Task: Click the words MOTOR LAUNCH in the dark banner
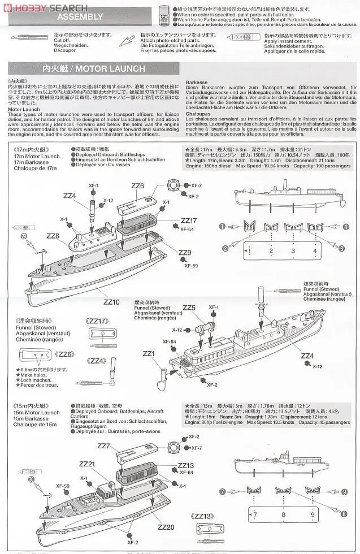110,68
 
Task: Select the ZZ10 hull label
111,302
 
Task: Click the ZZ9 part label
184,253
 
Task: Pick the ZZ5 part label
189,308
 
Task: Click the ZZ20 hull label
166,527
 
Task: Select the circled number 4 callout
345,227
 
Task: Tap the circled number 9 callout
344,492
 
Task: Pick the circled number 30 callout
32,479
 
